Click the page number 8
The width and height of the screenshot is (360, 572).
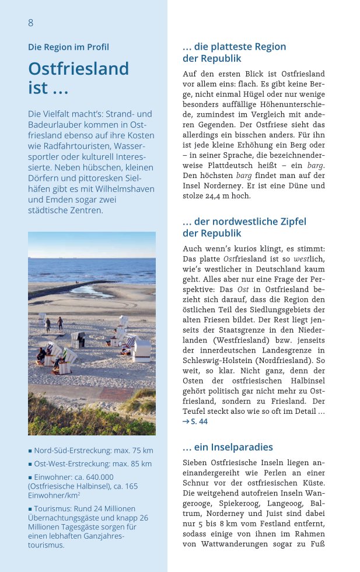point(31,23)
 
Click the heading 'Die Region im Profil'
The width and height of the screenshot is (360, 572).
point(68,47)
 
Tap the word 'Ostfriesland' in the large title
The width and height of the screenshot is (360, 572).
point(78,69)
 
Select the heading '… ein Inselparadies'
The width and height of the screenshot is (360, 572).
point(228,447)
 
